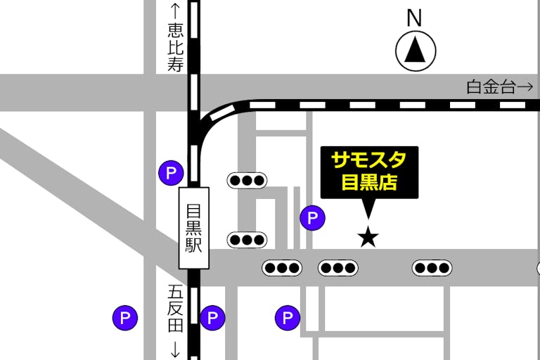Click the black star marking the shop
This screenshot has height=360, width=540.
368,237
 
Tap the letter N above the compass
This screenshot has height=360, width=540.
415,18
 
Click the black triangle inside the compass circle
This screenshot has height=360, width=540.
416,50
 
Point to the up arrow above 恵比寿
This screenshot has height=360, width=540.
175,10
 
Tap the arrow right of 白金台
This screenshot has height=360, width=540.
525,87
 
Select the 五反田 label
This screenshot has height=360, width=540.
175,309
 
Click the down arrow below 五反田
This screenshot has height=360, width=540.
175,349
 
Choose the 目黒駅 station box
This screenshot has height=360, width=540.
194,227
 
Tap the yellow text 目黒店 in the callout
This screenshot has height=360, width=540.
369,183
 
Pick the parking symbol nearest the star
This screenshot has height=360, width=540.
312,218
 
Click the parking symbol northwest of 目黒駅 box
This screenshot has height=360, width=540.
171,172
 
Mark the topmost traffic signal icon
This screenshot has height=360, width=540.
247,180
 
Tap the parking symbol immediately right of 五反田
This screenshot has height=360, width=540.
212,319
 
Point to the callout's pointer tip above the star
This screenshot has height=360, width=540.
368,218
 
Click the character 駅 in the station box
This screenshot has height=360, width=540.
194,245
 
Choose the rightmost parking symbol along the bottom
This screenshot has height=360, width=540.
287,319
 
